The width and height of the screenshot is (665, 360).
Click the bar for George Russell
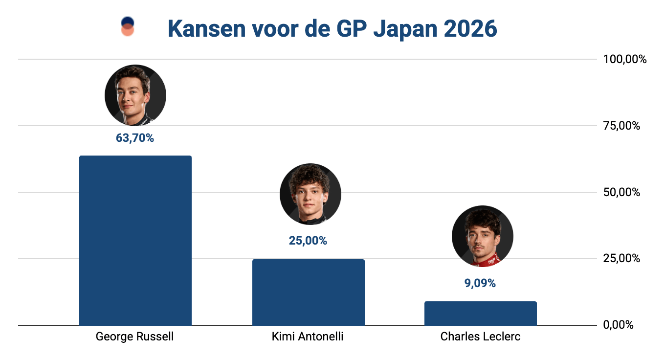(x=135, y=240)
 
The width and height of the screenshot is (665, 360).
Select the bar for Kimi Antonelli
(x=308, y=292)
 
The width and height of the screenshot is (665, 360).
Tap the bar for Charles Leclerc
(x=480, y=313)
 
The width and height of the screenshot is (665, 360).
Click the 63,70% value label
(x=135, y=138)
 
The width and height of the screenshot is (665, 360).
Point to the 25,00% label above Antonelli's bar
(x=308, y=241)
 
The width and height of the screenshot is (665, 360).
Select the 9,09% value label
(x=480, y=283)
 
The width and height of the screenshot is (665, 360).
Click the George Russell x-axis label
(x=135, y=337)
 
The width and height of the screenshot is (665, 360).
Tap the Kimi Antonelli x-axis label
(x=308, y=337)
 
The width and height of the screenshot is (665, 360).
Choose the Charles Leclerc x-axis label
(x=480, y=337)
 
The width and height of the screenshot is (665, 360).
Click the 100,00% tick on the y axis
(x=625, y=60)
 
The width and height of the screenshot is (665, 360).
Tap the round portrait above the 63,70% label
(x=135, y=95)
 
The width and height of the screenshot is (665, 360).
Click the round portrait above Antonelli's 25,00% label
(x=310, y=195)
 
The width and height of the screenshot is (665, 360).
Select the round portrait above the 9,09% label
(x=482, y=236)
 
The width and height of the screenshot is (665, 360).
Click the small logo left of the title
(x=128, y=26)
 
